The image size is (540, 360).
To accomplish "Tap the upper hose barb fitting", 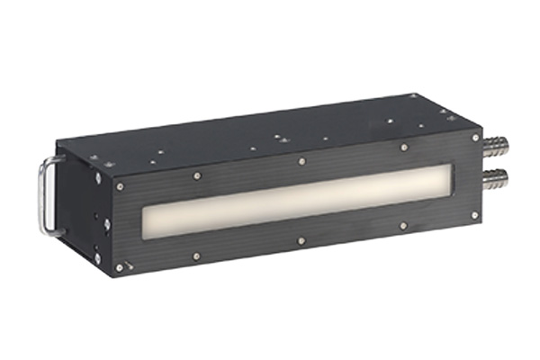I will coord(493,145).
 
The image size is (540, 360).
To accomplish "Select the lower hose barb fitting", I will coord(493,177).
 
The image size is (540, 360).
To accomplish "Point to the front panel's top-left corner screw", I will coord(120,186).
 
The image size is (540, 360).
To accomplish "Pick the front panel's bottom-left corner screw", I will coord(119,266).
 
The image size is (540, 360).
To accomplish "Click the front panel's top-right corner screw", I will coord(475,139).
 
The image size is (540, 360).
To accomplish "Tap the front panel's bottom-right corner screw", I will coord(474,216).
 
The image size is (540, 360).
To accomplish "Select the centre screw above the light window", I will coord(301,162).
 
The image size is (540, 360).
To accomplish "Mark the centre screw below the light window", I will coord(301,241).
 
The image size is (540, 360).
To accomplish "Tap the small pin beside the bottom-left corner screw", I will coord(131,264).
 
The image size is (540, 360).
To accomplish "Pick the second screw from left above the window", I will coord(196,175).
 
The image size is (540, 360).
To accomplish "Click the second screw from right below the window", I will coord(402,226).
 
